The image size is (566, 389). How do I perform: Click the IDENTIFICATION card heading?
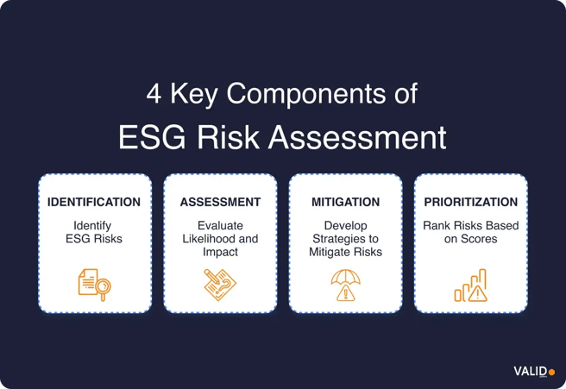[94, 203]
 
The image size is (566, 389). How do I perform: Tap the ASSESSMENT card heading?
[220, 203]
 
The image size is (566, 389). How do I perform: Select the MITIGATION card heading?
[345, 203]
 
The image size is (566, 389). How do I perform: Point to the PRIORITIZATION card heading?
[471, 203]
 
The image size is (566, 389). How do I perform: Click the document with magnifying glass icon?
[93, 285]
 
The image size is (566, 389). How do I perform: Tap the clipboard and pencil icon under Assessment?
[220, 285]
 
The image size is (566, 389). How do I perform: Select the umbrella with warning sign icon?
[345, 285]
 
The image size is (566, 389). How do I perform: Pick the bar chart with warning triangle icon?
[471, 285]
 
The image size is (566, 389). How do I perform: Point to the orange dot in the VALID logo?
[552, 372]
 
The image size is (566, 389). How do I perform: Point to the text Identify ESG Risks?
[94, 232]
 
